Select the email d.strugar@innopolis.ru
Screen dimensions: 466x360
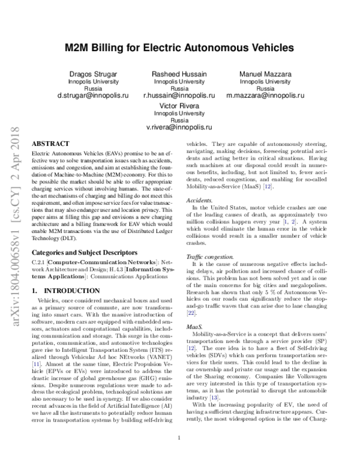pos(92,95)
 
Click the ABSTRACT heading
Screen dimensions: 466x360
pos(50,145)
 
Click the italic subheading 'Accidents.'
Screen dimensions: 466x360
pos(199,200)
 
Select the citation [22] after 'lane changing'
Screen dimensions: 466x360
pos(191,313)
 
